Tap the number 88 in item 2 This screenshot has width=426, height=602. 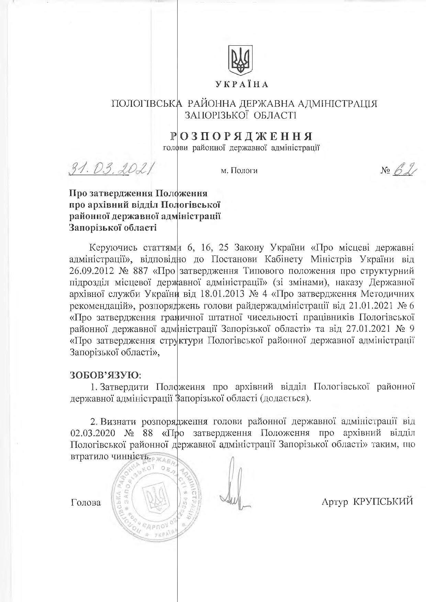coord(145,432)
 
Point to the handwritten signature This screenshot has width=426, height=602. coord(233,491)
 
